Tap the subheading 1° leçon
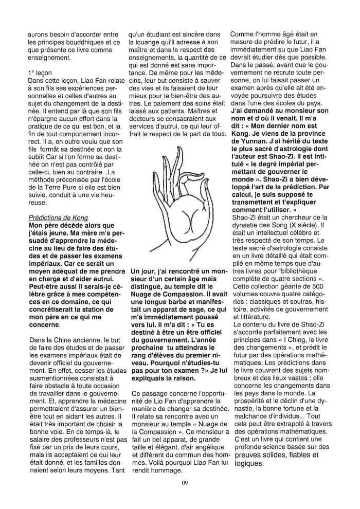click(41, 74)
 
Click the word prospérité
click(252, 384)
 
